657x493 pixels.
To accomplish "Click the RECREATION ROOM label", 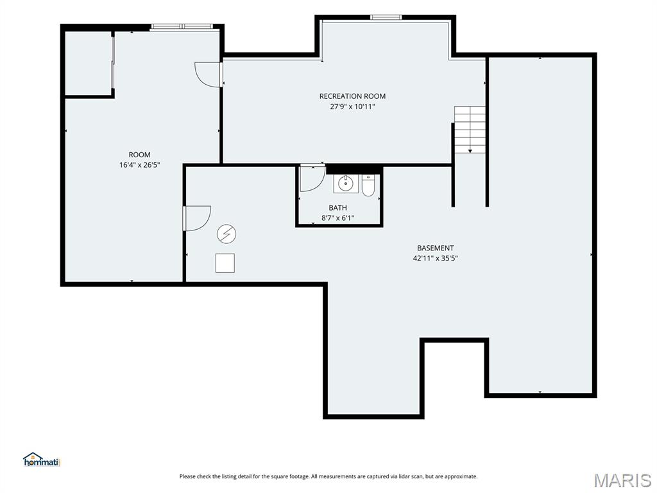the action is (352, 96).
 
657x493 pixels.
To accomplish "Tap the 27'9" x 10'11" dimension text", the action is (352, 107).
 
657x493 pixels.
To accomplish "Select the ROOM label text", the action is (139, 155).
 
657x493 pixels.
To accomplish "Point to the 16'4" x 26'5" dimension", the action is (139, 165).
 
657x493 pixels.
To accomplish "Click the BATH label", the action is (337, 207).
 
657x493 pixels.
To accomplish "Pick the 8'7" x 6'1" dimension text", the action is (337, 218).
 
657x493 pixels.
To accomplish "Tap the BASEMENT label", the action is (436, 248).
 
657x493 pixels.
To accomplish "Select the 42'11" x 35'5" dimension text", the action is (436, 258).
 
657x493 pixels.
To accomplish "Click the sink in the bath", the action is (346, 184).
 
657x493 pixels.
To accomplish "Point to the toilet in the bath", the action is (368, 186).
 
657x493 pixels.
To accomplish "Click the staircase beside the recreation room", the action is (470, 130).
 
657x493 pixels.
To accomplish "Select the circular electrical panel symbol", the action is (226, 234).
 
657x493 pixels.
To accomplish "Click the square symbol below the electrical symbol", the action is (225, 263).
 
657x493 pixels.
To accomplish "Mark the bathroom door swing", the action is (312, 178).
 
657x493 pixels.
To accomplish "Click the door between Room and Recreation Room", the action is (209, 74).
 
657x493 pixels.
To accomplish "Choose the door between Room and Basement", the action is (197, 218).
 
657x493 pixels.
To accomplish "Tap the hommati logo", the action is (42, 460).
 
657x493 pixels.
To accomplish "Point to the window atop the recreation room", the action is (386, 17).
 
